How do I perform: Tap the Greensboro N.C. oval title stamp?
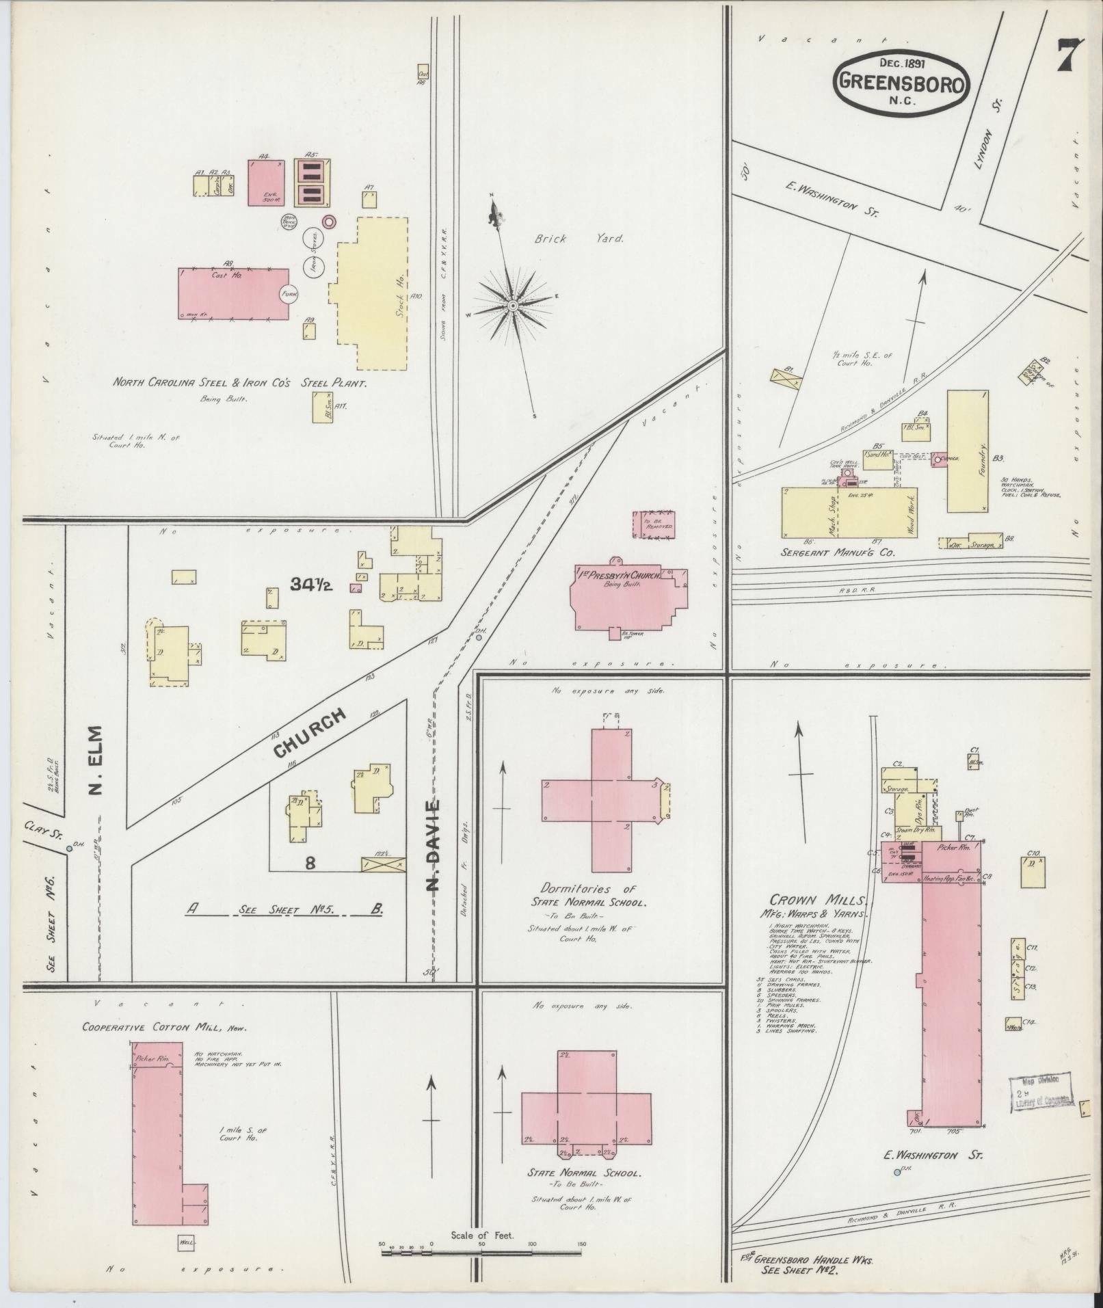pyautogui.click(x=902, y=83)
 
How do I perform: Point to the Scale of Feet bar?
pyautogui.click(x=483, y=1252)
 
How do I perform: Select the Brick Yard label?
pyautogui.click(x=579, y=239)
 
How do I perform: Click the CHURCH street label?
pyautogui.click(x=309, y=734)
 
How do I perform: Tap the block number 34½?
pyautogui.click(x=310, y=585)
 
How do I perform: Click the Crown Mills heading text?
pyautogui.click(x=819, y=900)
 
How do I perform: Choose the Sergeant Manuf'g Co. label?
pyautogui.click(x=838, y=552)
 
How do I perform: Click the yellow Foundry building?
pyautogui.click(x=967, y=451)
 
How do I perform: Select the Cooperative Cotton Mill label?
pyautogui.click(x=163, y=1028)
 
